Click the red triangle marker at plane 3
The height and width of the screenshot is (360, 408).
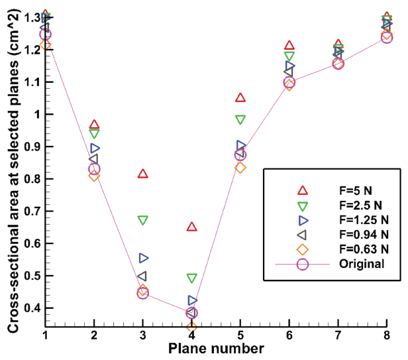pyautogui.click(x=143, y=174)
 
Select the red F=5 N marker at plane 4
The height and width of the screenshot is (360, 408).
pyautogui.click(x=192, y=227)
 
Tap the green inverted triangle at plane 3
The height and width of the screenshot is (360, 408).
pyautogui.click(x=143, y=220)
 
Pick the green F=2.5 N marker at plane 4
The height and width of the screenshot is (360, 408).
pyautogui.click(x=192, y=278)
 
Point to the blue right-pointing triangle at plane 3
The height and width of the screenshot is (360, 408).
pyautogui.click(x=144, y=258)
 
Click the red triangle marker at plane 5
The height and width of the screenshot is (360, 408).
pyautogui.click(x=240, y=98)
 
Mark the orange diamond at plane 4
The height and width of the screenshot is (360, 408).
pyautogui.click(x=192, y=327)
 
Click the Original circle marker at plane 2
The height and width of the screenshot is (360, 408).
pyautogui.click(x=94, y=169)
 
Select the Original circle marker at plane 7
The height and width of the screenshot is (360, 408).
pyautogui.click(x=338, y=64)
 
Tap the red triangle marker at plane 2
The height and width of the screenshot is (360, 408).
pyautogui.click(x=94, y=125)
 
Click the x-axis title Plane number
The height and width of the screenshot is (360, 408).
pyautogui.click(x=216, y=348)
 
